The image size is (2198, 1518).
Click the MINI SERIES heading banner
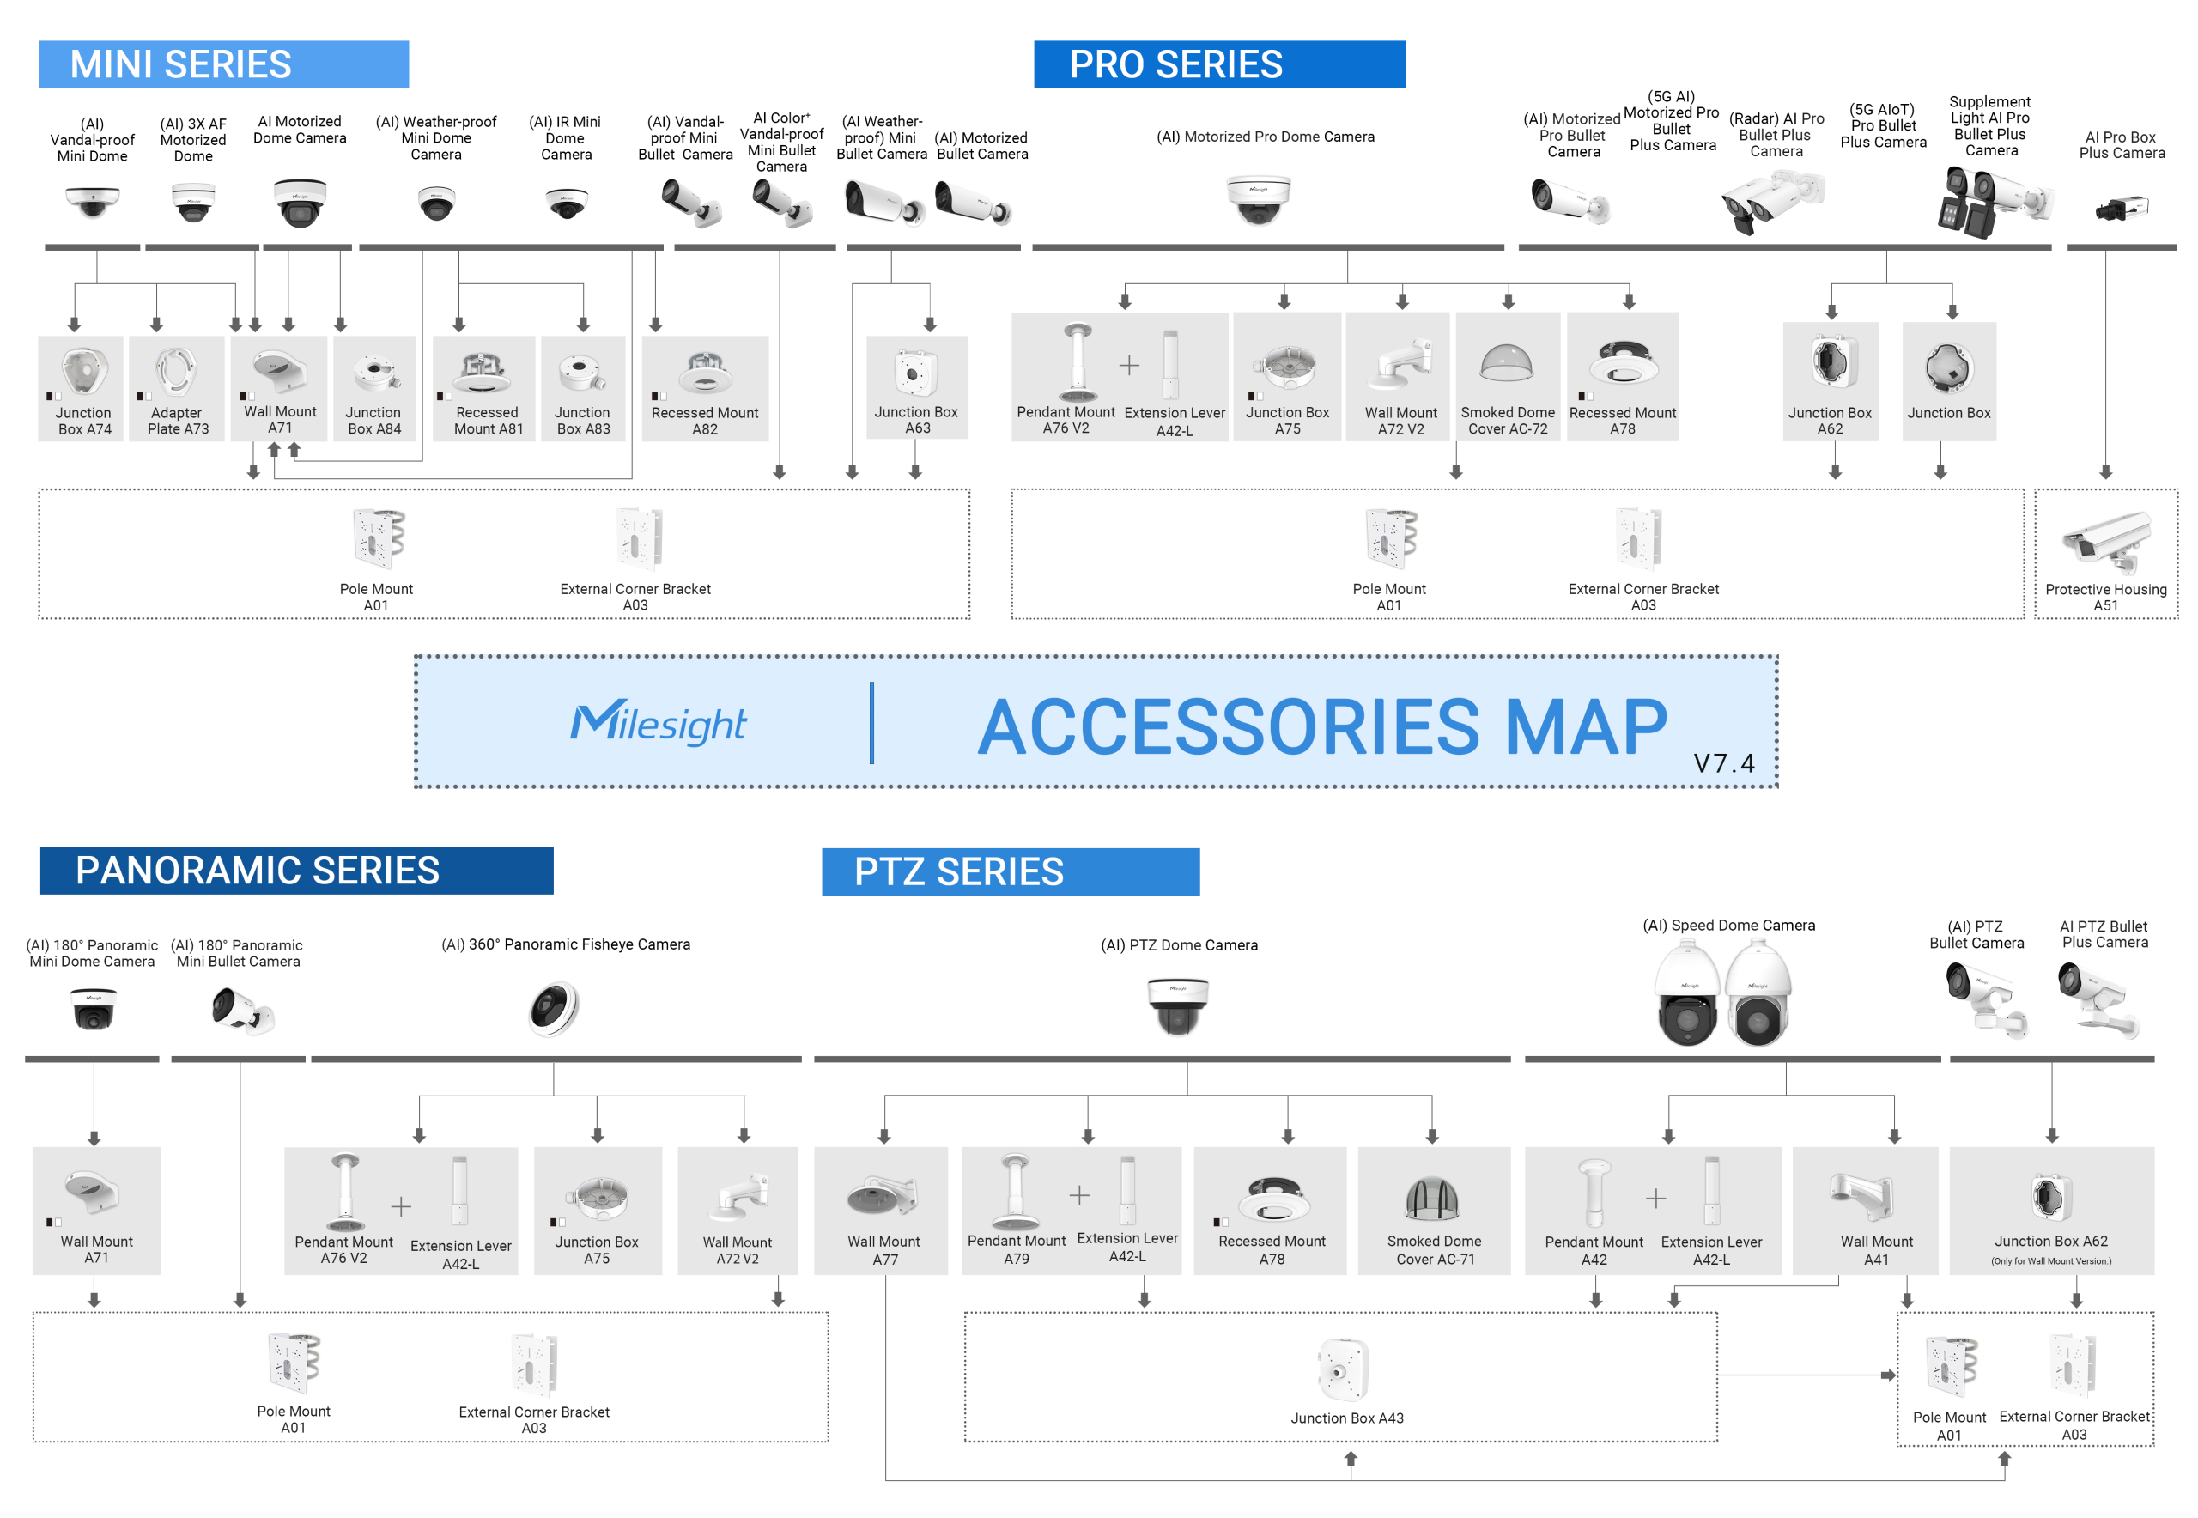tap(223, 64)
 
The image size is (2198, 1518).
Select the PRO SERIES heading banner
tap(1218, 64)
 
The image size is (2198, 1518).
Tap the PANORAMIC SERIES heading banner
tap(296, 871)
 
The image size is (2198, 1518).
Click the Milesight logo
tap(659, 723)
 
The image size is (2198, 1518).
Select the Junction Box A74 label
tap(83, 421)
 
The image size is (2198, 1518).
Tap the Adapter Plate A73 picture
tap(177, 370)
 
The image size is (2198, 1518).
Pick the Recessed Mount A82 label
tap(705, 421)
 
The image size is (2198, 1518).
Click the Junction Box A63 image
tap(915, 372)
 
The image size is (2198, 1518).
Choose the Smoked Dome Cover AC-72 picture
tap(1507, 364)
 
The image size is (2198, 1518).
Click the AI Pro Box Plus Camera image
tap(2121, 207)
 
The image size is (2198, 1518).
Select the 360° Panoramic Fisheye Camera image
tap(555, 1008)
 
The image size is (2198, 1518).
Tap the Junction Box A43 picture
tap(1342, 1369)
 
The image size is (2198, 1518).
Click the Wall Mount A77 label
tap(883, 1250)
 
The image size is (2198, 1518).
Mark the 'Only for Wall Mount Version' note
tap(2050, 1261)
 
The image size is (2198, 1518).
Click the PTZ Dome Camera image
tap(1177, 1005)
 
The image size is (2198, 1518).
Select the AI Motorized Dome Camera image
tap(300, 201)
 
